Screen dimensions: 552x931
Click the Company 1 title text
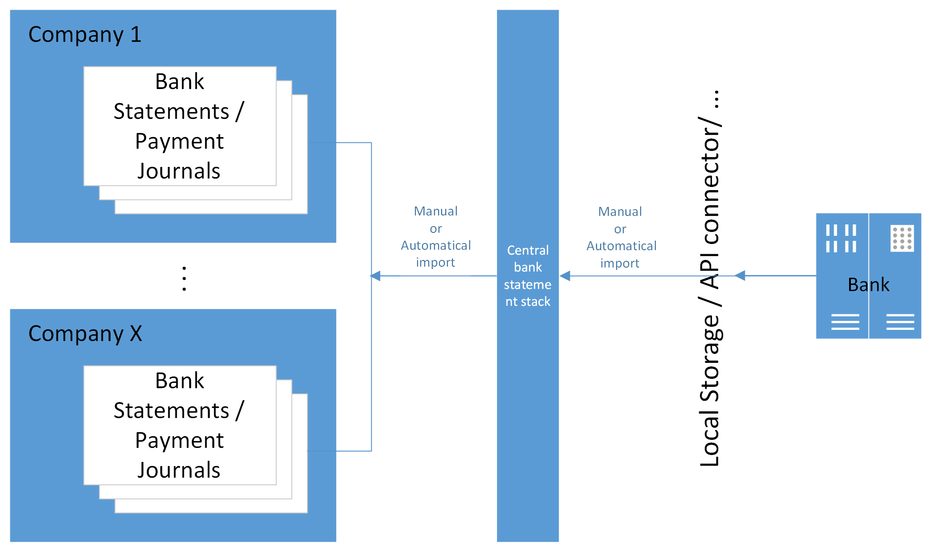click(x=85, y=35)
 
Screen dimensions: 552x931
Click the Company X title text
click(x=85, y=334)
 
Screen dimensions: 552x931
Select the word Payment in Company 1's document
click(x=179, y=142)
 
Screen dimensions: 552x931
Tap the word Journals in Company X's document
click(x=179, y=471)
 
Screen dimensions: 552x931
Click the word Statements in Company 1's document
click(x=171, y=111)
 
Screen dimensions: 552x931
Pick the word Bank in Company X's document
click(x=179, y=381)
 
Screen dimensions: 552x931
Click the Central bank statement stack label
click(x=528, y=276)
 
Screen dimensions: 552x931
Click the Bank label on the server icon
click(x=868, y=285)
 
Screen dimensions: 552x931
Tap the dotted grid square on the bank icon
click(x=902, y=239)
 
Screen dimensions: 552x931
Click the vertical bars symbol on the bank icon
click(x=841, y=239)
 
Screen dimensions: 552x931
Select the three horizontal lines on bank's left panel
click(x=845, y=322)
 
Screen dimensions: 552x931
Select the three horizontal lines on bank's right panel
click(x=900, y=322)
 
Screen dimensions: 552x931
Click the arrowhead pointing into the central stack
click(x=565, y=276)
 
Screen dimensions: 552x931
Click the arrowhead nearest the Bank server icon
click(x=740, y=276)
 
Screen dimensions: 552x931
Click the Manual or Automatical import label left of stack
click(x=435, y=236)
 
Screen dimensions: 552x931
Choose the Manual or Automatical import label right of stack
click(x=621, y=237)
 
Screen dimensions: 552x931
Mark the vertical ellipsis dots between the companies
click(x=184, y=279)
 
